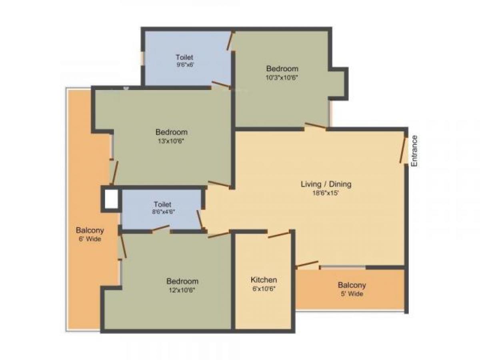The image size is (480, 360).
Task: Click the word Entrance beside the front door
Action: tap(414, 151)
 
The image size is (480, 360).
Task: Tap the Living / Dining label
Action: tap(326, 184)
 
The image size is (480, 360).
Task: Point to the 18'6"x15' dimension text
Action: tap(326, 193)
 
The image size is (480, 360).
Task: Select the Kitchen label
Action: tap(264, 280)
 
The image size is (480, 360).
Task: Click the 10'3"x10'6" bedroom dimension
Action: tap(282, 78)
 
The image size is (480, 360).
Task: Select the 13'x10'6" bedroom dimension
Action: tap(171, 141)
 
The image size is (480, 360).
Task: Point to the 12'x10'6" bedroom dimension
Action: tap(182, 290)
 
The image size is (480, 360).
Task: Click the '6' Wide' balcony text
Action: tap(90, 239)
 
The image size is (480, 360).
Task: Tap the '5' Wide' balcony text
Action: tap(352, 294)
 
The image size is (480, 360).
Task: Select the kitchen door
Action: tap(279, 234)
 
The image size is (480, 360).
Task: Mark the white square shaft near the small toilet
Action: tap(111, 199)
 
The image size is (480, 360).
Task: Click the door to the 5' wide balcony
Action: tap(307, 265)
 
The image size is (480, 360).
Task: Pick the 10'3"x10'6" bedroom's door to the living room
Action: tap(315, 126)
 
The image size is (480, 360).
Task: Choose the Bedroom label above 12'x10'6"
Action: tap(182, 282)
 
